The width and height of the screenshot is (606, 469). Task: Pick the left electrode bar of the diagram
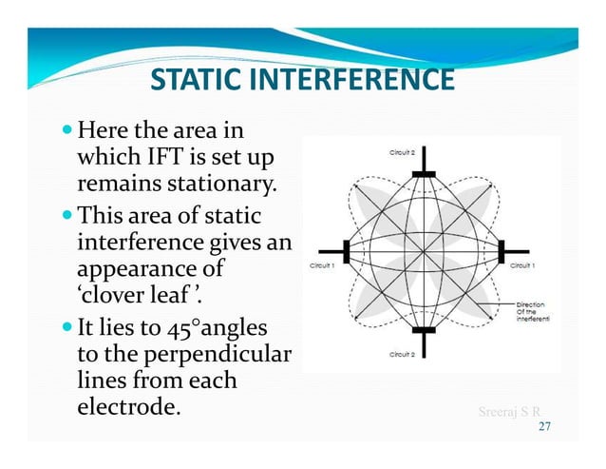click(x=346, y=251)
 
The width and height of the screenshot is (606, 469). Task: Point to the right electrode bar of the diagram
click(x=501, y=251)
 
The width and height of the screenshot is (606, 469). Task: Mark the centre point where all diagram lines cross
click(x=423, y=251)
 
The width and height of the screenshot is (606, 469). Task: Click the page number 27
click(x=544, y=427)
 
